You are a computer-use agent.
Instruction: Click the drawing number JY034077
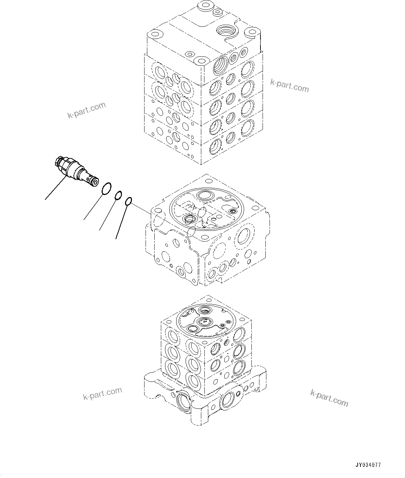pos(368,465)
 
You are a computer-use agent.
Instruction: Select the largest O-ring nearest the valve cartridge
pos(107,189)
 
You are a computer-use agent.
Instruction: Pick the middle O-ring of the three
pos(118,196)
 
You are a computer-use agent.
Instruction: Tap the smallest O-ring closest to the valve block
pos(128,201)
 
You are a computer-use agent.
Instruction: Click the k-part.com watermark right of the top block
pos(289,86)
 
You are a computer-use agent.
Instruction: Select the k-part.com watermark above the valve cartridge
pos(86,110)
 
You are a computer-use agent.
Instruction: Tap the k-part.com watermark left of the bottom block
pos(102,393)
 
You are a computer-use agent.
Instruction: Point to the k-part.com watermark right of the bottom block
pos(329,398)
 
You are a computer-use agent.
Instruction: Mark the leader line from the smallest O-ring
pos(121,221)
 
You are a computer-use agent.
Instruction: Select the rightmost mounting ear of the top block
pos(251,32)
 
